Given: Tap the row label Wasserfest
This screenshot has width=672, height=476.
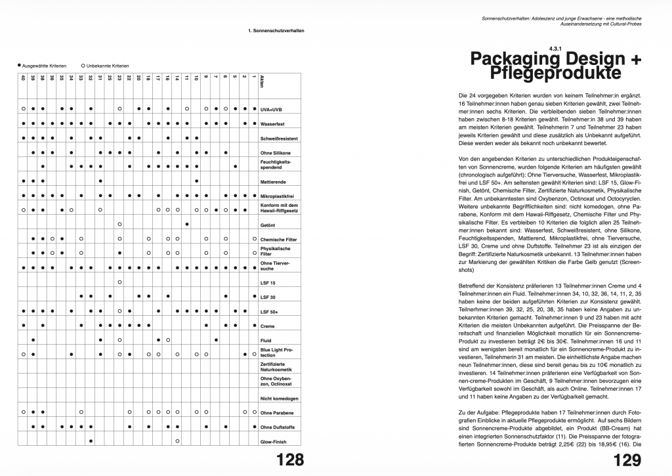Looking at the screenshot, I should (x=272, y=123).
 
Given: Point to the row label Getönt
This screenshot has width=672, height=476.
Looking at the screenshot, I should (x=267, y=225).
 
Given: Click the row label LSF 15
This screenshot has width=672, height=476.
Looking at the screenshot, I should (x=268, y=283).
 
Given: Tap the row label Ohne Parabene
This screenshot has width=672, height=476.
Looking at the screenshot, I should (x=276, y=413).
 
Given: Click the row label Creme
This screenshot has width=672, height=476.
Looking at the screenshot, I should (x=267, y=326).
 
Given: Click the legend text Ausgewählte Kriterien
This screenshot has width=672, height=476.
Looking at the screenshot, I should (x=43, y=66).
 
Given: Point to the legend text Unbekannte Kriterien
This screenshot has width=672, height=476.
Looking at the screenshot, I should (x=108, y=66).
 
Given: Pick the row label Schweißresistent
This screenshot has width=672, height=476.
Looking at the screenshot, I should (x=278, y=139).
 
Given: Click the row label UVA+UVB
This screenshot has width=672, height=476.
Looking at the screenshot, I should (x=270, y=109).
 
